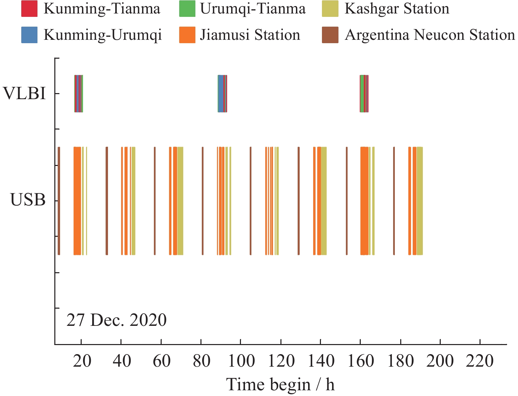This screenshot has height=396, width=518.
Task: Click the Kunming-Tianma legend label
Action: click(102, 9)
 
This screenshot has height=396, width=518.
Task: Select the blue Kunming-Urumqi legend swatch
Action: click(29, 35)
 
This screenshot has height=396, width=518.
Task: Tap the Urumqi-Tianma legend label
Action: click(253, 9)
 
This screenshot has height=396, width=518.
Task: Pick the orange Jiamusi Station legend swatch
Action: click(187, 35)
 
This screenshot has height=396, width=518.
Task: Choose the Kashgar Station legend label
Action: click(397, 9)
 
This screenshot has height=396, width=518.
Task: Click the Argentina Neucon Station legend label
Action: click(430, 35)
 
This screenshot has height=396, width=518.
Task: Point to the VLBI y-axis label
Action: click(24, 93)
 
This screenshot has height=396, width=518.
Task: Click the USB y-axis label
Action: click(28, 200)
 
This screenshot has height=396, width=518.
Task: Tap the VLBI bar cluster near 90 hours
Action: click(222, 93)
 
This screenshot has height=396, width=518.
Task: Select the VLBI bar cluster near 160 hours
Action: click(364, 93)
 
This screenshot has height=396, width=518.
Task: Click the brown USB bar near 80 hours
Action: click(202, 201)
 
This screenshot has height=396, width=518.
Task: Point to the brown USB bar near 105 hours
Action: click(250, 201)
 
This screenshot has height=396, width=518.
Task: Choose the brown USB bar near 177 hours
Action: click(394, 201)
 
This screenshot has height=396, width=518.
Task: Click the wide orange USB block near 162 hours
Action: click(364, 201)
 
